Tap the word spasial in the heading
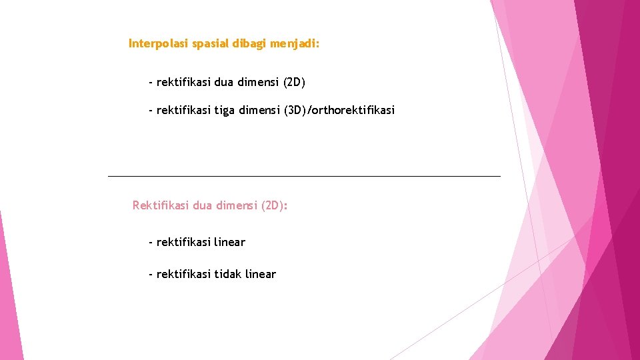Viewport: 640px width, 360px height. coord(209,44)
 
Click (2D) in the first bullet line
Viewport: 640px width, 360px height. coord(294,83)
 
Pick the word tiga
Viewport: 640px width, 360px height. coord(225,110)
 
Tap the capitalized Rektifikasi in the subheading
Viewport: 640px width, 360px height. coord(161,205)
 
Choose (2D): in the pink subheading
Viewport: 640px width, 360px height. coord(275,205)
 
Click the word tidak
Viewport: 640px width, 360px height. coord(229,274)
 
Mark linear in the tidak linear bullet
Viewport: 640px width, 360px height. coord(261,274)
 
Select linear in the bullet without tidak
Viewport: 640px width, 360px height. coord(230,242)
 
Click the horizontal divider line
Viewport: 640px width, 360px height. coord(303,176)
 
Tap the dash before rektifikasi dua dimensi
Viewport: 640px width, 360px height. coord(151,83)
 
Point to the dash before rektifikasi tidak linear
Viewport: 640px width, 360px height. coord(151,274)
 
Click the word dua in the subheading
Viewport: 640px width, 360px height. coord(203,205)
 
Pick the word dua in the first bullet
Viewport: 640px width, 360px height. coord(225,83)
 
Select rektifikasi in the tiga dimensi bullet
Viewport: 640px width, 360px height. coord(184,110)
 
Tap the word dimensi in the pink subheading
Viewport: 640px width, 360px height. coord(235,205)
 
